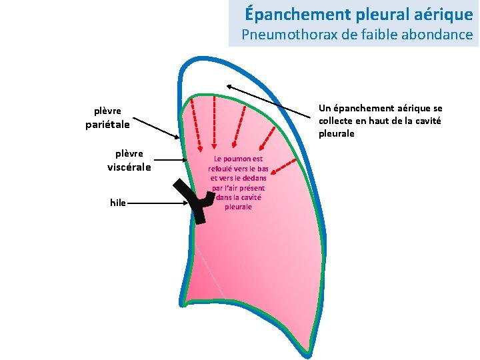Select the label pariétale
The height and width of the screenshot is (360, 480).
pos(107,124)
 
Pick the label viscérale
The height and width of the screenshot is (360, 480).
pos(129,167)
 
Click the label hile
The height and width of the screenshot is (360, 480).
pos(118,203)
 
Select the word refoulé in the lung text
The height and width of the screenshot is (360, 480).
pos(223,169)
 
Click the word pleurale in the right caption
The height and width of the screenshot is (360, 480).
pos(337,133)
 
